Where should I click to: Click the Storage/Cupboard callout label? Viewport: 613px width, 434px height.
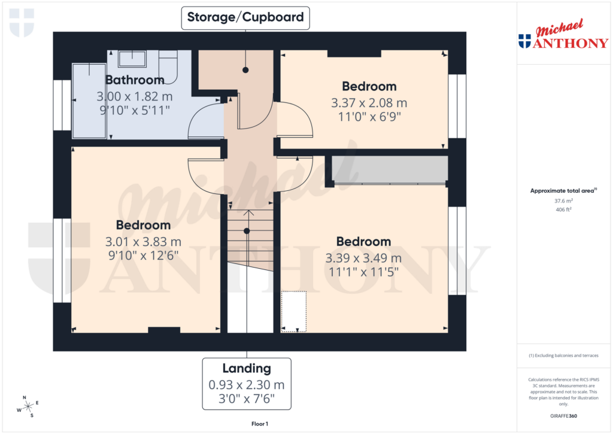tap(245, 17)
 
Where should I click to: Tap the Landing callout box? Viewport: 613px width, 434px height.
tap(246, 384)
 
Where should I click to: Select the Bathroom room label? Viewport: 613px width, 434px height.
tap(135, 80)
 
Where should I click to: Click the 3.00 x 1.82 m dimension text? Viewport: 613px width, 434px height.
tap(135, 96)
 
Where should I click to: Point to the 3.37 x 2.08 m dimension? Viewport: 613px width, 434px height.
tap(369, 102)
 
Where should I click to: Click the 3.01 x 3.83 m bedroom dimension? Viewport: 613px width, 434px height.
tap(143, 242)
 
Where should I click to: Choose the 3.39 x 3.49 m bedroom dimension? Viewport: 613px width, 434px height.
tap(363, 258)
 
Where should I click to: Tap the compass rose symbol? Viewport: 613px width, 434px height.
tap(28, 406)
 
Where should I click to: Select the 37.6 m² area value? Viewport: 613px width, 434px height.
tap(563, 201)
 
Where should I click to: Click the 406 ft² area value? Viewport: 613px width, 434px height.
tap(563, 210)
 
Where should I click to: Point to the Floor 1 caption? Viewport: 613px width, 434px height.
tap(259, 424)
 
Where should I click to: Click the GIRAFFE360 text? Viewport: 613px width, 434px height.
tap(563, 416)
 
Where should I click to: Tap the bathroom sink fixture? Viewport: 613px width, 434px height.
tap(132, 59)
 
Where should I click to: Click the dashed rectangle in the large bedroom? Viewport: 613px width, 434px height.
tap(293, 311)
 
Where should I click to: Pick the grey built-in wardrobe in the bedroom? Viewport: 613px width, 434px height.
tap(390, 169)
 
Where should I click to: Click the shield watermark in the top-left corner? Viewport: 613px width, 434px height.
tap(22, 23)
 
